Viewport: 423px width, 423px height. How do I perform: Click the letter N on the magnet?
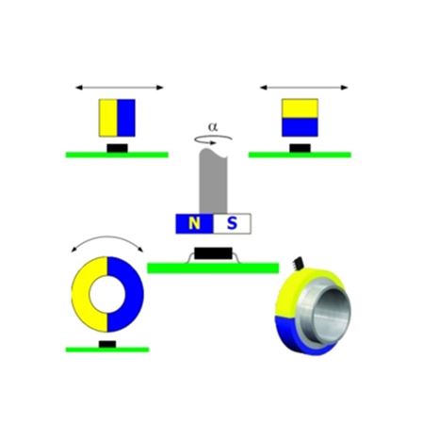tap(194, 223)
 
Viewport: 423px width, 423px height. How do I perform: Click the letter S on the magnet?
tap(232, 223)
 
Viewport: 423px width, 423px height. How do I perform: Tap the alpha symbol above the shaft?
tap(213, 127)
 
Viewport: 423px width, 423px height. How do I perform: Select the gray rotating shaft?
tap(213, 181)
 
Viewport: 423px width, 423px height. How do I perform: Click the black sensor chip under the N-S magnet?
tap(213, 253)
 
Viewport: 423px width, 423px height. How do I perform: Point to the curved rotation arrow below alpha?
tap(213, 139)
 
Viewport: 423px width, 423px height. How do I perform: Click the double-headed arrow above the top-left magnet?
tap(120, 88)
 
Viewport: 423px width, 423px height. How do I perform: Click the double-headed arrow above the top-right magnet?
tap(304, 88)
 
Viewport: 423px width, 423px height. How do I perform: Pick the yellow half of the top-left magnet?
tap(108, 118)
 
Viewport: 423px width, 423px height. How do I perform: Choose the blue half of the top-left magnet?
tap(126, 118)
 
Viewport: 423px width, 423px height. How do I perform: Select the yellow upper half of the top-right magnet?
tap(300, 108)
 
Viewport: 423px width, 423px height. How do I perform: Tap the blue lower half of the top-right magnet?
tap(300, 127)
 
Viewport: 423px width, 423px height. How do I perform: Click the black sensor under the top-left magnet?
tap(117, 148)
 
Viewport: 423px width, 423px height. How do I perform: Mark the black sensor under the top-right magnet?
tap(300, 148)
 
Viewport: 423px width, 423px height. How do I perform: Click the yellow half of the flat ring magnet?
tap(81, 294)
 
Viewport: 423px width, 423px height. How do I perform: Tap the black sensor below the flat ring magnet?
tap(107, 344)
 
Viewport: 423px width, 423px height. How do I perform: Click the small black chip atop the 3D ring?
tap(299, 264)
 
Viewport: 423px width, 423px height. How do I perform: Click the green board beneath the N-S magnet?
tap(213, 268)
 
